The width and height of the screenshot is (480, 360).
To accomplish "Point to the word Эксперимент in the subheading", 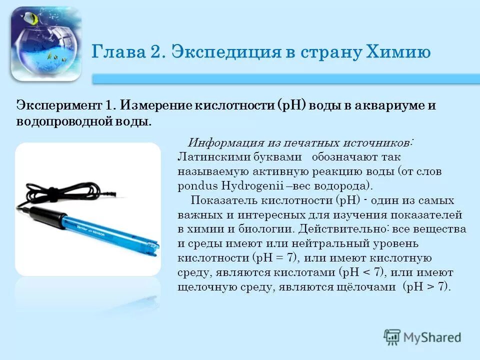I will coord(58,106).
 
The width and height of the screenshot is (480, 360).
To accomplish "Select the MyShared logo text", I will coord(432,337).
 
